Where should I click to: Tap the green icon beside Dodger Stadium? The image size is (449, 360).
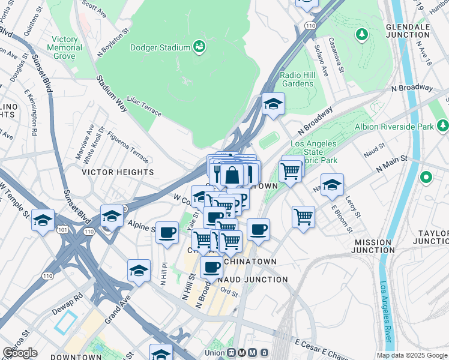pyautogui.click(x=199, y=46)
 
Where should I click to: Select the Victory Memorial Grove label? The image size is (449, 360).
pyautogui.click(x=64, y=47)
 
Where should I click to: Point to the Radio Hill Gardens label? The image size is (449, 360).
pyautogui.click(x=297, y=79)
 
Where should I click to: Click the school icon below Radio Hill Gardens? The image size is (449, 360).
pyautogui.click(x=273, y=104)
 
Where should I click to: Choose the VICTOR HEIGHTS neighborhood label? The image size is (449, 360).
pyautogui.click(x=118, y=172)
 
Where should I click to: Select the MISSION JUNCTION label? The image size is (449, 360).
pyautogui.click(x=373, y=246)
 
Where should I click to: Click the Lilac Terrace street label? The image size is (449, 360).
pyautogui.click(x=146, y=108)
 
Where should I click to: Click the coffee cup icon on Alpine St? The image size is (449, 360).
pyautogui.click(x=167, y=232)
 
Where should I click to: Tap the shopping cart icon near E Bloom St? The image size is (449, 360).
pyautogui.click(x=304, y=216)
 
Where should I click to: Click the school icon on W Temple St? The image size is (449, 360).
pyautogui.click(x=43, y=220)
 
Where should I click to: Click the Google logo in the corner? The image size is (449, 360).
pyautogui.click(x=20, y=353)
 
